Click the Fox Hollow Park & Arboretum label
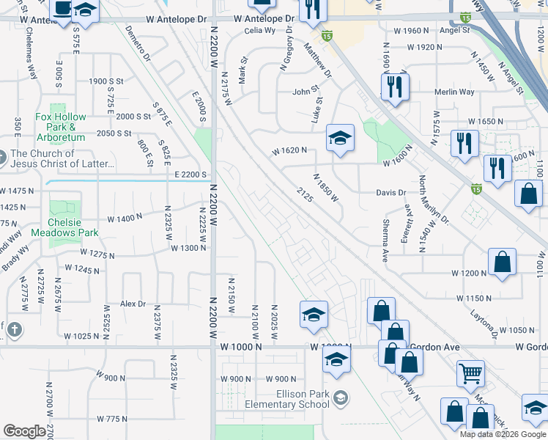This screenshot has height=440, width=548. [61, 126]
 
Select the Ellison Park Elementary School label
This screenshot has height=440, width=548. [292, 399]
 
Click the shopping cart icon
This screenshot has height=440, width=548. [470, 373]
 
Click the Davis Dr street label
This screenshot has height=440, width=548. [390, 193]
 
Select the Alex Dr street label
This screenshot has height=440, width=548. [133, 304]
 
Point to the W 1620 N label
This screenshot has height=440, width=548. [289, 151]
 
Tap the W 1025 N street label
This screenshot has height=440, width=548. [81, 336]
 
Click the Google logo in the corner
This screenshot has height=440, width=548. [24, 431]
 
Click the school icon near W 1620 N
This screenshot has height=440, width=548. [340, 139]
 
